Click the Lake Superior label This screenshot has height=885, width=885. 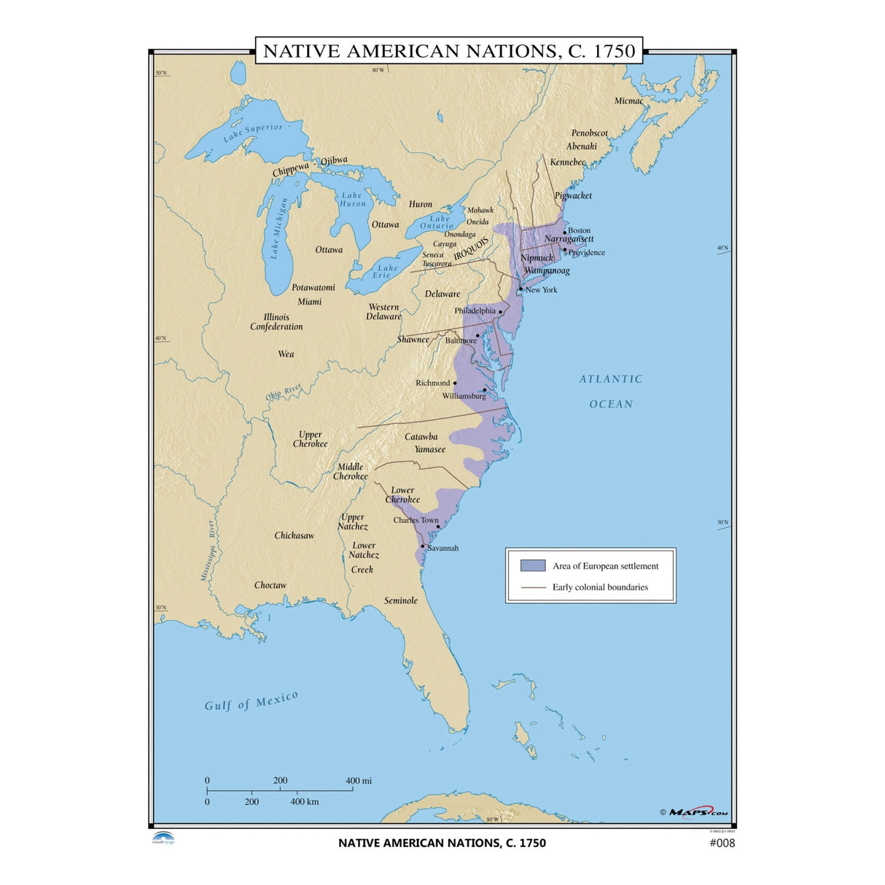coord(252,132)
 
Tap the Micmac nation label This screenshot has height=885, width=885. coord(628,101)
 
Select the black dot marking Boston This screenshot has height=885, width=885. coord(564,233)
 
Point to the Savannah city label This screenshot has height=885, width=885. coord(442,548)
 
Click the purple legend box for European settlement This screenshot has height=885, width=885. coord(532,566)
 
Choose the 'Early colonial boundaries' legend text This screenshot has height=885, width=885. coord(599,587)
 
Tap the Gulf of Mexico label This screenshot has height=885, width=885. coord(251,701)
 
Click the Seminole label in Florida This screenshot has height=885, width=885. coord(401,601)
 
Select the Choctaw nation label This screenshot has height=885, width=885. coord(270,585)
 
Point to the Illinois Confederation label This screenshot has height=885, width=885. coord(276,322)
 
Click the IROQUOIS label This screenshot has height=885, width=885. coord(471,247)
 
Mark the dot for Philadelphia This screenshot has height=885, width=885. coord(501,312)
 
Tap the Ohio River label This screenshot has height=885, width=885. coord(283,393)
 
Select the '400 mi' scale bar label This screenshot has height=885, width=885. coord(358,781)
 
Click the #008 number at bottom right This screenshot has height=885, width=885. coord(722,843)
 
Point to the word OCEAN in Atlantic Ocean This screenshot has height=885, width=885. coord(611,404)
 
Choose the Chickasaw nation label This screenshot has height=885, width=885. coord(294,536)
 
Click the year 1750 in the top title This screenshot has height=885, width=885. coord(615,51)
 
